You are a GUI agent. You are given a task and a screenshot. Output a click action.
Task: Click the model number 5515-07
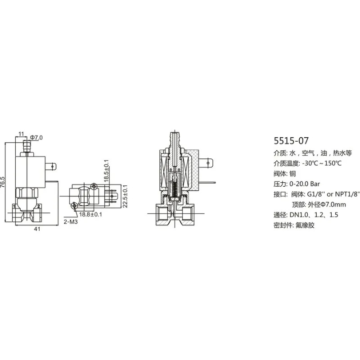point(291,140)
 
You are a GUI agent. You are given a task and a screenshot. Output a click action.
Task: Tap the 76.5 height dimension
point(3,182)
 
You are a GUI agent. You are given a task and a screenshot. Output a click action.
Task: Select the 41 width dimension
point(37,229)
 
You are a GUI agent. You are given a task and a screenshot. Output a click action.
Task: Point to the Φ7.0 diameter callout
point(36,138)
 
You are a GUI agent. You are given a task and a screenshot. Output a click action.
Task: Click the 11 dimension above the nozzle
point(21,134)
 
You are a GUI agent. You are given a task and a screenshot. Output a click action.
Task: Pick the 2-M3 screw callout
point(71,222)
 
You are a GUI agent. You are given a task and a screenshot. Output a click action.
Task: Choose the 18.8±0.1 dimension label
point(90,215)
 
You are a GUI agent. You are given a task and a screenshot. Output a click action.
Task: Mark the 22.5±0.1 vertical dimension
point(125,196)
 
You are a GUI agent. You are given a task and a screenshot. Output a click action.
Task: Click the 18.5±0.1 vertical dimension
point(106,171)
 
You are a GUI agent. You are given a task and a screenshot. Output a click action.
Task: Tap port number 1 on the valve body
point(14,206)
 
